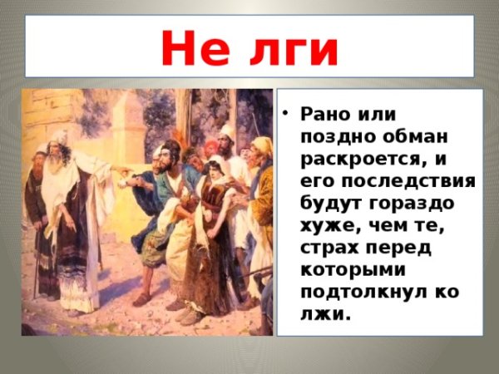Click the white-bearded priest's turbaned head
pyautogui.click(x=59, y=141)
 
